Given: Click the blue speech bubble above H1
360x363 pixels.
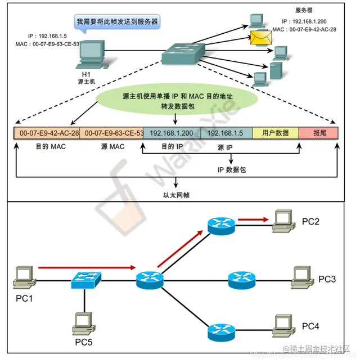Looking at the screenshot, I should tap(118, 23).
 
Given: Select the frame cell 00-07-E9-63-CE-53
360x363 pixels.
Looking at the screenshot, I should tap(112, 133).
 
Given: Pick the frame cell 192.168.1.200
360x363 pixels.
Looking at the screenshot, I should tap(172, 133).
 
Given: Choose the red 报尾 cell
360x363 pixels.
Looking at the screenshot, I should tap(318, 133).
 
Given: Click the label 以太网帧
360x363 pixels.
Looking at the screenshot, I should tap(177, 195).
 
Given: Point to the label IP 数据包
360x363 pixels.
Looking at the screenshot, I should tap(231, 169).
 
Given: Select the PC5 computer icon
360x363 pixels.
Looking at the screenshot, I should tap(83, 322).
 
